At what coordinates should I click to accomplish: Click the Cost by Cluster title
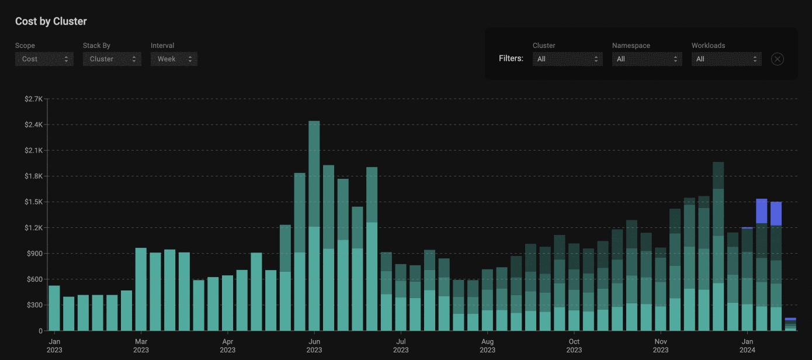(x=51, y=21)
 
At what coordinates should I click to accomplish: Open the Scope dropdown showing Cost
(x=44, y=59)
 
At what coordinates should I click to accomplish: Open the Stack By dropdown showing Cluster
(x=112, y=59)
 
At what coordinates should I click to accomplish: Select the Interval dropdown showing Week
(x=174, y=59)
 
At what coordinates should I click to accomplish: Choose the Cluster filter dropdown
(x=567, y=59)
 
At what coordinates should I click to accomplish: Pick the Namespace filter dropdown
(x=647, y=59)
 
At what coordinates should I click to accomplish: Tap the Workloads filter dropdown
(x=726, y=59)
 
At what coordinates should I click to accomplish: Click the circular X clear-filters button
(x=777, y=59)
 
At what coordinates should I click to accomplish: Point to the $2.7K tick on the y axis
(x=33, y=99)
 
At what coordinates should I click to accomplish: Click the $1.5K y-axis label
(x=33, y=202)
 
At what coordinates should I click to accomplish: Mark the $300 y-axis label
(x=34, y=305)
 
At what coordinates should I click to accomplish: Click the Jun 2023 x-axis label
(x=314, y=345)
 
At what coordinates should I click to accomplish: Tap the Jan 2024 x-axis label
(x=747, y=345)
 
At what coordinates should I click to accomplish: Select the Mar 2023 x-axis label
(x=141, y=345)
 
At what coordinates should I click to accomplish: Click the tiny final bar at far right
(x=790, y=325)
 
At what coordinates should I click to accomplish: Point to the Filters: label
(x=511, y=59)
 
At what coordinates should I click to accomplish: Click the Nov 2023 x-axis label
(x=661, y=345)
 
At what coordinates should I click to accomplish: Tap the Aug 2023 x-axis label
(x=487, y=345)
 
